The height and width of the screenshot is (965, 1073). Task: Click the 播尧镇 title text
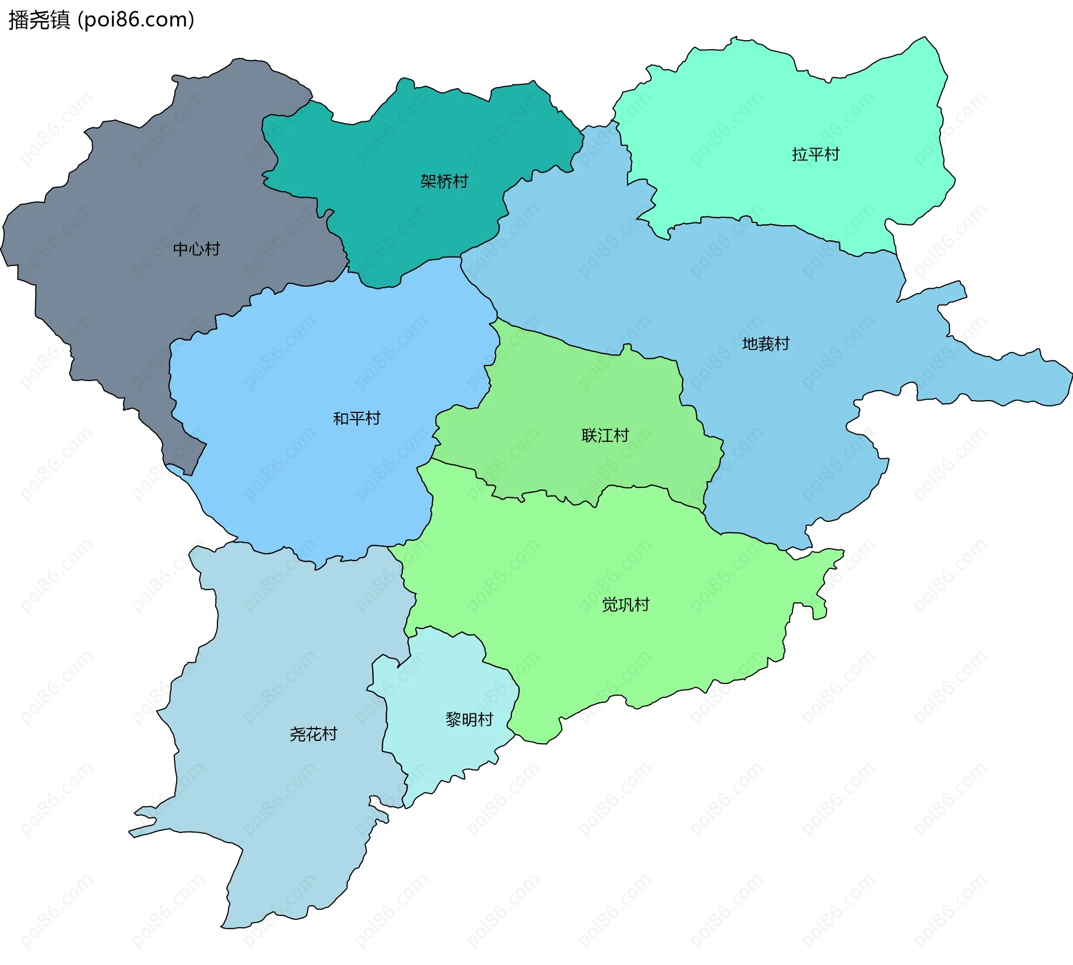point(39,20)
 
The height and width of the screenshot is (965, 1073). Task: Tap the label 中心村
point(196,249)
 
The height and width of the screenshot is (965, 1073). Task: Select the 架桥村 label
point(444,182)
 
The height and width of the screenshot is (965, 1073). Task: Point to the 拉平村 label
point(815,155)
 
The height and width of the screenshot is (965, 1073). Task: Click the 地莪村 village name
point(766,344)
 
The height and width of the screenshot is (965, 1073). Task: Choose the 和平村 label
point(357,419)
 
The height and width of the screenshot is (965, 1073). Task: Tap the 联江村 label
point(605,435)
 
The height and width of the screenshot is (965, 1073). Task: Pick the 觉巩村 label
point(625,605)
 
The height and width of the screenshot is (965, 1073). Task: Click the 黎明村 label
point(469,720)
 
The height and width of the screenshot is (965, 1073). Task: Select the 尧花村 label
point(314,734)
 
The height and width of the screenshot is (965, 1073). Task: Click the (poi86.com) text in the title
point(136,20)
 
